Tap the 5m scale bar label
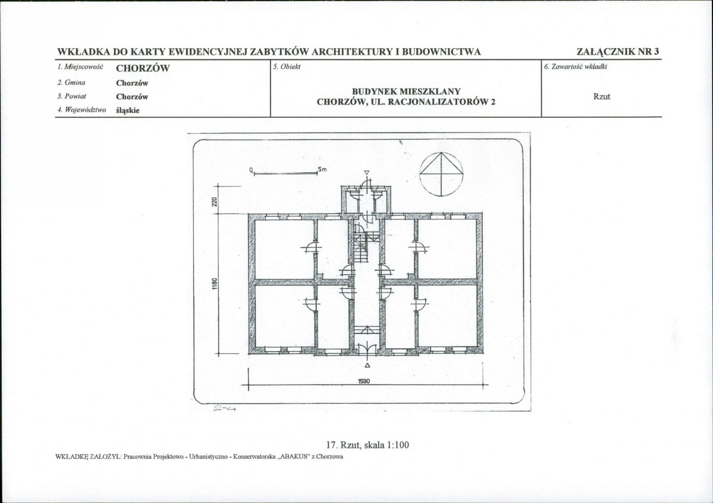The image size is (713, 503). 322,169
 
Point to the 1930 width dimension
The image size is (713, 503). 364,381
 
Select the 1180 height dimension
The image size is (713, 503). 215,284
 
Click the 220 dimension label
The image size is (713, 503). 215,202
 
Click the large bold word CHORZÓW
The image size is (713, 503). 143,68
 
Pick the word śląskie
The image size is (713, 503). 128,110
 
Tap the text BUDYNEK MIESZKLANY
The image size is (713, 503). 406,92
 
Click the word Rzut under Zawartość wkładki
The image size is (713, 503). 602,96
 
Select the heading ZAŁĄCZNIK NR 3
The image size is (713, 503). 617,51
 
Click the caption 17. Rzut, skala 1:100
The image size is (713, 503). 368,445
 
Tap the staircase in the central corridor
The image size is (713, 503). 361,247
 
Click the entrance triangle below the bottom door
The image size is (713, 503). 368,365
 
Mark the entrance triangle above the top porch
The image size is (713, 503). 367,173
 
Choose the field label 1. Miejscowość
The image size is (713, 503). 80,67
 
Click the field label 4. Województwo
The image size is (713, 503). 81,109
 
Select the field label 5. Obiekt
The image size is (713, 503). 287,67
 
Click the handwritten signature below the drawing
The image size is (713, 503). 225,409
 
